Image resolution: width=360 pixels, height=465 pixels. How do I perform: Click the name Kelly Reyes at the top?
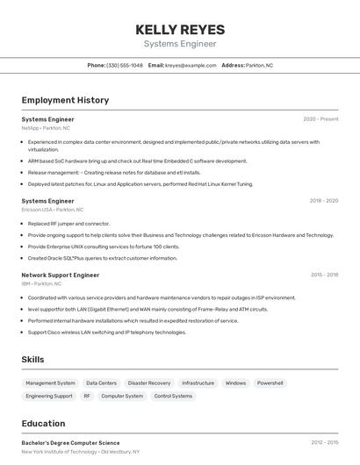pos(180,29)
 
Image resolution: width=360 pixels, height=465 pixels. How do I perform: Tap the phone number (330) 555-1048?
pos(125,65)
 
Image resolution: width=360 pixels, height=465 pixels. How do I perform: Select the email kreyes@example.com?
pos(191,65)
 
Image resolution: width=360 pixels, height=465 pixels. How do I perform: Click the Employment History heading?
pos(65,100)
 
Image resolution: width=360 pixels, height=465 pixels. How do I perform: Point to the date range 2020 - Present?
pos(320,119)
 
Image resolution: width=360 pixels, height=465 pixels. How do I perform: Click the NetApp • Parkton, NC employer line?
pos(46,128)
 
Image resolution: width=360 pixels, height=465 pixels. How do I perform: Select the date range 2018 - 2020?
pos(323,201)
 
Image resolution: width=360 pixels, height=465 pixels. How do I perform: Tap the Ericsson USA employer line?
pos(53,210)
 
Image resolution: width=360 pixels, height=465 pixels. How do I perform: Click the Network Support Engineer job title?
pos(61,275)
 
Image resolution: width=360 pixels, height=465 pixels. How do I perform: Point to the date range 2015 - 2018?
pos(324,275)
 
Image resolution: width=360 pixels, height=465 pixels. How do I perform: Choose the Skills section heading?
pos(33,360)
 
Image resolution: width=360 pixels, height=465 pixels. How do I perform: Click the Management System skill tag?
pos(50,383)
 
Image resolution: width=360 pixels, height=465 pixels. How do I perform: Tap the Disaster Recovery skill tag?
pos(149,383)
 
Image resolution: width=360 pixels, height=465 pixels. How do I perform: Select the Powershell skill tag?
pos(270,383)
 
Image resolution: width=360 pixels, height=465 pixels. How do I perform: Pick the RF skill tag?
pos(87,397)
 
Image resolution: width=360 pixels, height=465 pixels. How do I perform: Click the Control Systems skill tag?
pos(173,397)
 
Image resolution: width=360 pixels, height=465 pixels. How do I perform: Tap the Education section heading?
pos(43,423)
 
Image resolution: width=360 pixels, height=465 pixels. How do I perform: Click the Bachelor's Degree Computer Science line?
pos(70,443)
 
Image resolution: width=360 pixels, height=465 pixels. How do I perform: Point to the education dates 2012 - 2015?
pos(324,443)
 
